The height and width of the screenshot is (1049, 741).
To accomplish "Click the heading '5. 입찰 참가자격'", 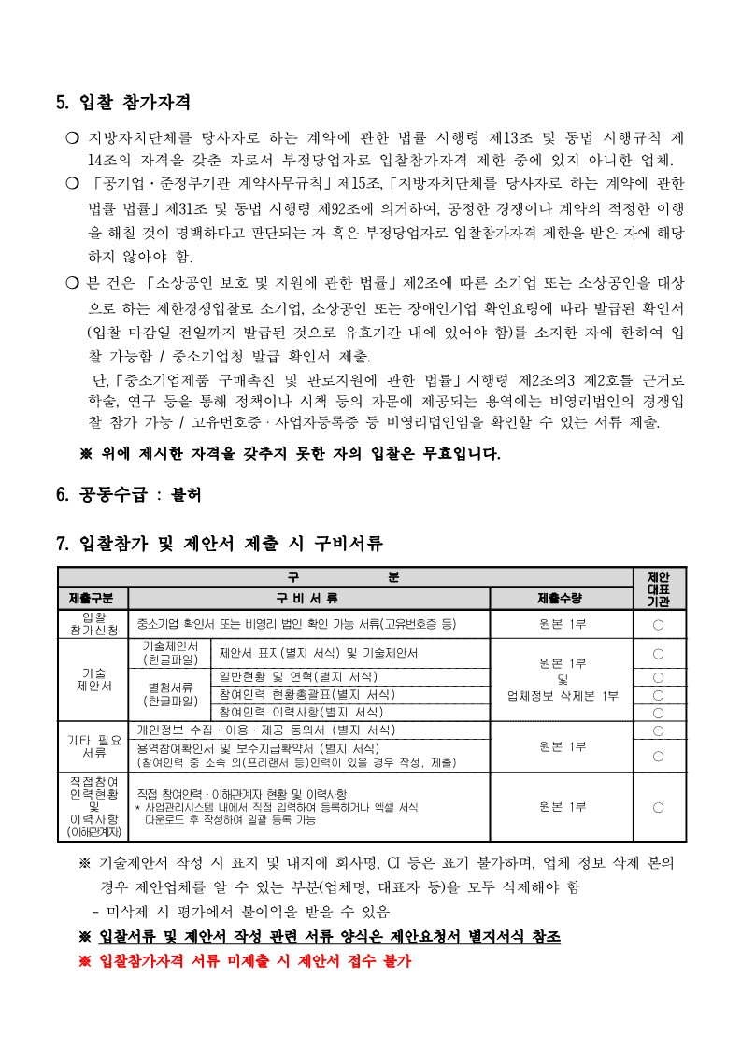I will pos(124,102).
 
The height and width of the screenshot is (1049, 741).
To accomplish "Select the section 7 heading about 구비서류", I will pos(220,543).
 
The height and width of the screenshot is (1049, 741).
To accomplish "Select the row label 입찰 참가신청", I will pos(93,623).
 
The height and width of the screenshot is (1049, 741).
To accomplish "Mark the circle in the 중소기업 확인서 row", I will pos(658,623).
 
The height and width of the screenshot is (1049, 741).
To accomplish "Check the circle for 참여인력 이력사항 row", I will pos(658,712).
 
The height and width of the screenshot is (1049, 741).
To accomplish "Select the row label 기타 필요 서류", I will pos(93,745).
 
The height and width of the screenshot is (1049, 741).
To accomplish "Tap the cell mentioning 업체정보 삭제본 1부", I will pos(562,695).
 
